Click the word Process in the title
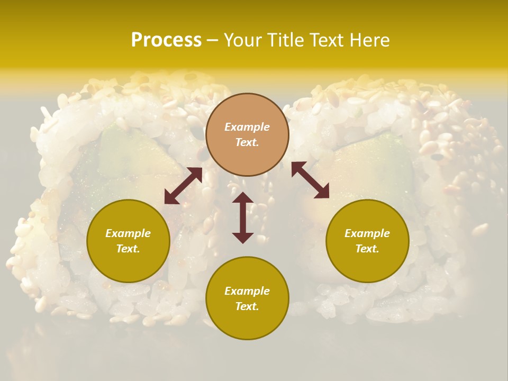tap(166, 40)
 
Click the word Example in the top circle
tap(247, 127)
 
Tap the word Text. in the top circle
tap(247, 142)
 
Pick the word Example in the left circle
tap(128, 233)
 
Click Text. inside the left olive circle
tap(128, 249)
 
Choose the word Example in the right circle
tap(367, 233)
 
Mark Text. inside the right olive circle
tap(367, 249)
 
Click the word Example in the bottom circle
tap(247, 291)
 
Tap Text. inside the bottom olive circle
tap(247, 306)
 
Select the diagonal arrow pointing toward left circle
tap(183, 186)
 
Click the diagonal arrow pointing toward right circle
tap(310, 180)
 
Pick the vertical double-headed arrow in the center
tap(243, 217)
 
